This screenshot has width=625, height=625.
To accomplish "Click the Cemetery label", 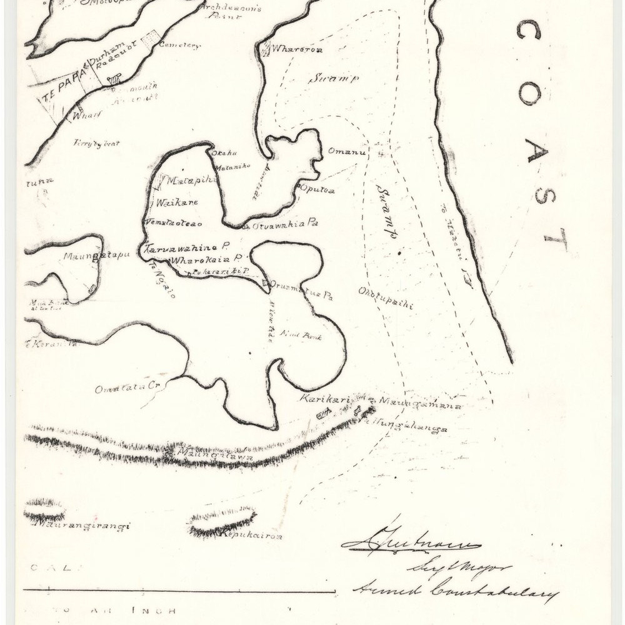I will [x=179, y=46].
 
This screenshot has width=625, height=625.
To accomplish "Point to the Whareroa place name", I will [x=288, y=49].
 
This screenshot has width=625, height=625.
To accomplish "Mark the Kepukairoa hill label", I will [x=248, y=536].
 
